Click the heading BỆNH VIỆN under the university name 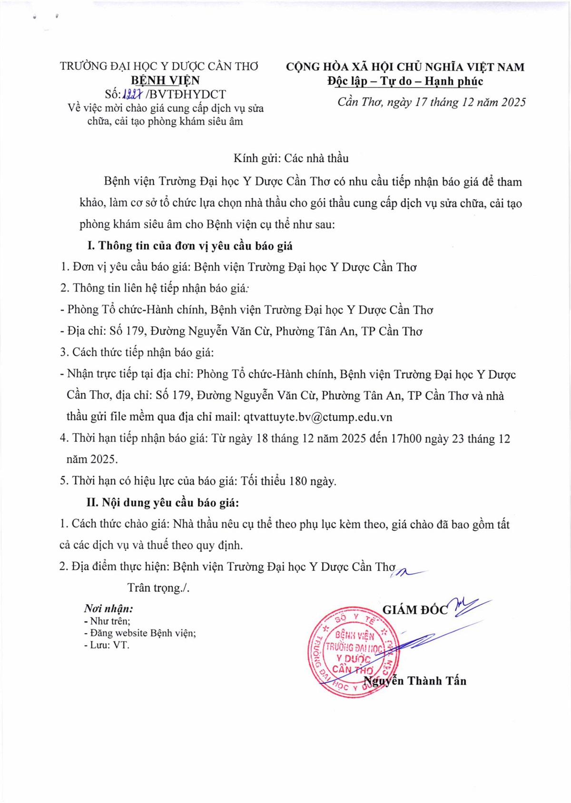click(x=165, y=80)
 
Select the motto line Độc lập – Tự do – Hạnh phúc click(x=405, y=81)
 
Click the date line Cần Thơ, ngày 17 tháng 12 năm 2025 click(x=432, y=102)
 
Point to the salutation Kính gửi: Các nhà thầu click(x=291, y=158)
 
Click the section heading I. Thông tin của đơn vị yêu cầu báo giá click(x=190, y=246)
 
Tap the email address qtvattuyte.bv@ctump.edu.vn click(x=318, y=417)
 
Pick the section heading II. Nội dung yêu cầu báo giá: click(x=162, y=503)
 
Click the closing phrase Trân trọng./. click(x=158, y=588)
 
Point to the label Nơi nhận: click(x=108, y=608)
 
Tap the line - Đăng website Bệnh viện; click(x=140, y=633)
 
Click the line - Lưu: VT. click(x=107, y=646)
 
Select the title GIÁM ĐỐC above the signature click(x=415, y=610)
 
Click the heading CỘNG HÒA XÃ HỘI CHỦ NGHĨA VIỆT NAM click(x=405, y=67)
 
